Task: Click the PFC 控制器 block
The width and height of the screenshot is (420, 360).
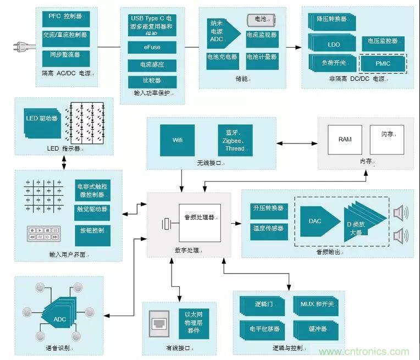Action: pos(62,18)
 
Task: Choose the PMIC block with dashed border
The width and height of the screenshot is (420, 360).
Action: pos(383,64)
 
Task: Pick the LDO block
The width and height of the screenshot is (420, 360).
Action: pos(333,44)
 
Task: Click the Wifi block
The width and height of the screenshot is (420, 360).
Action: pos(178,140)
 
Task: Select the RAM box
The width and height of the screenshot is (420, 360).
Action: pos(345,140)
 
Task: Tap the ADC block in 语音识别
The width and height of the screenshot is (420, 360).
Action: pos(59,319)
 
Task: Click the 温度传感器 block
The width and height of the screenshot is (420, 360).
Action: pos(268,228)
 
